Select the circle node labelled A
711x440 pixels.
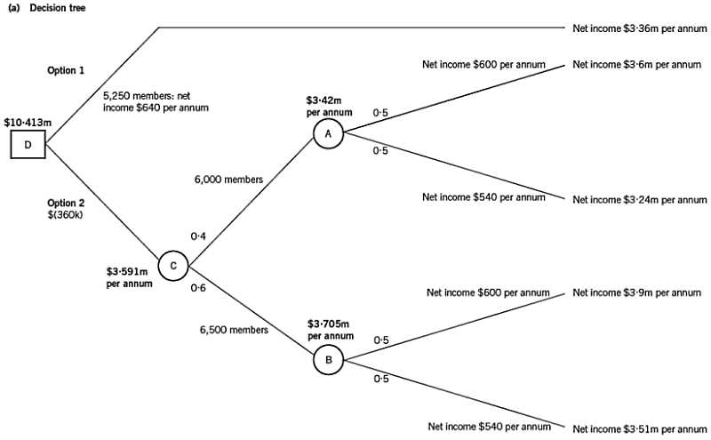(326, 132)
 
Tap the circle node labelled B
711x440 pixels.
(326, 361)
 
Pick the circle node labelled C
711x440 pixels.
(172, 264)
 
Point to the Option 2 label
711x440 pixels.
(64, 209)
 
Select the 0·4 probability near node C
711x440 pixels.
(199, 237)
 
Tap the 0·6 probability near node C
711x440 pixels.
(198, 287)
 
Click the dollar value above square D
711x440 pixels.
(23, 122)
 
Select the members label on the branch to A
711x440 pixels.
(229, 180)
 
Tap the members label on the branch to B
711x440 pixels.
(234, 330)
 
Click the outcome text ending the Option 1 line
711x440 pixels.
(639, 28)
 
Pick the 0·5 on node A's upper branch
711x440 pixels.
(380, 113)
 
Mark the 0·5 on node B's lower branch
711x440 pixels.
(380, 380)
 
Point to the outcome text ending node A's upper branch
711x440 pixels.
(639, 65)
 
